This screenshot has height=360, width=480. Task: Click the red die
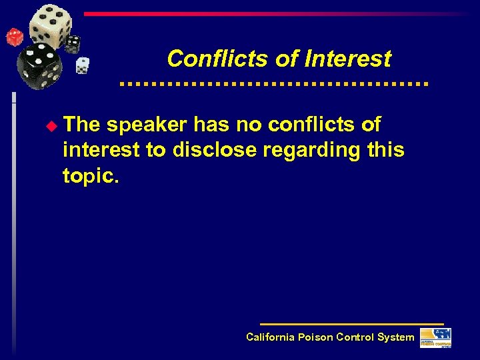point(13,37)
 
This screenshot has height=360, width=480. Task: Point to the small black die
point(72,44)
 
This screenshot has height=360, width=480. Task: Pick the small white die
point(82,65)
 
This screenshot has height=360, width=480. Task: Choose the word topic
point(89,175)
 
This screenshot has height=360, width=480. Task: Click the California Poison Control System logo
point(435,337)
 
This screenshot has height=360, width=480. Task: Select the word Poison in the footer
point(315,337)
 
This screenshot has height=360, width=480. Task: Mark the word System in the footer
point(395,337)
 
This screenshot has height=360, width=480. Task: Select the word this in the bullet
point(386,150)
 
